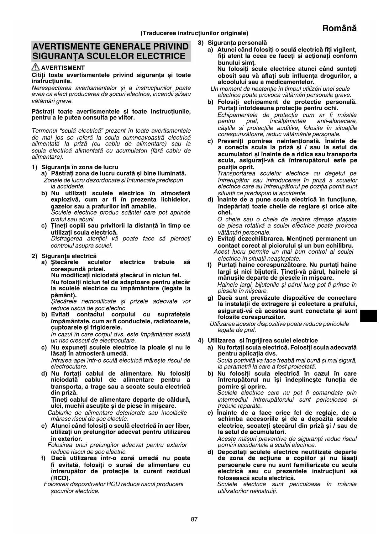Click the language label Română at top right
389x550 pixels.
pos(339,28)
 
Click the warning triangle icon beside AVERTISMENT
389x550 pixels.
pos(35,67)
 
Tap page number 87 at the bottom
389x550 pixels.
pos(194,520)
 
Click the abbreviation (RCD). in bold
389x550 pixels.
pos(60,478)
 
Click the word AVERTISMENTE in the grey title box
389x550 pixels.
pos(65,47)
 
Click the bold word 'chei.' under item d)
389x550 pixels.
pos(224,213)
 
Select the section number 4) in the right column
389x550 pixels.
pos(201,341)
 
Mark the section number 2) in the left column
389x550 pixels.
pos(34,256)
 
